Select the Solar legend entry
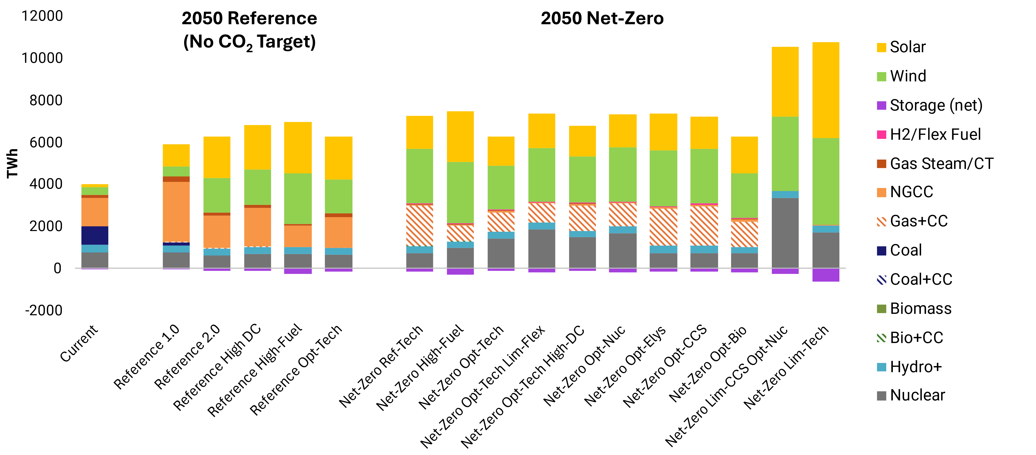click(907, 47)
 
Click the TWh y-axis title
click(12, 163)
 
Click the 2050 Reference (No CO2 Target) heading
click(249, 30)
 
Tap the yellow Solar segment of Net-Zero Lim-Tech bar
click(826, 90)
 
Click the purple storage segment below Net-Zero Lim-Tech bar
click(826, 275)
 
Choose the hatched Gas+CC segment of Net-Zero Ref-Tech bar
click(420, 225)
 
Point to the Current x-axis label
click(79, 344)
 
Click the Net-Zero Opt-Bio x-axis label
click(708, 364)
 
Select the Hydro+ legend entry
click(915, 367)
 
